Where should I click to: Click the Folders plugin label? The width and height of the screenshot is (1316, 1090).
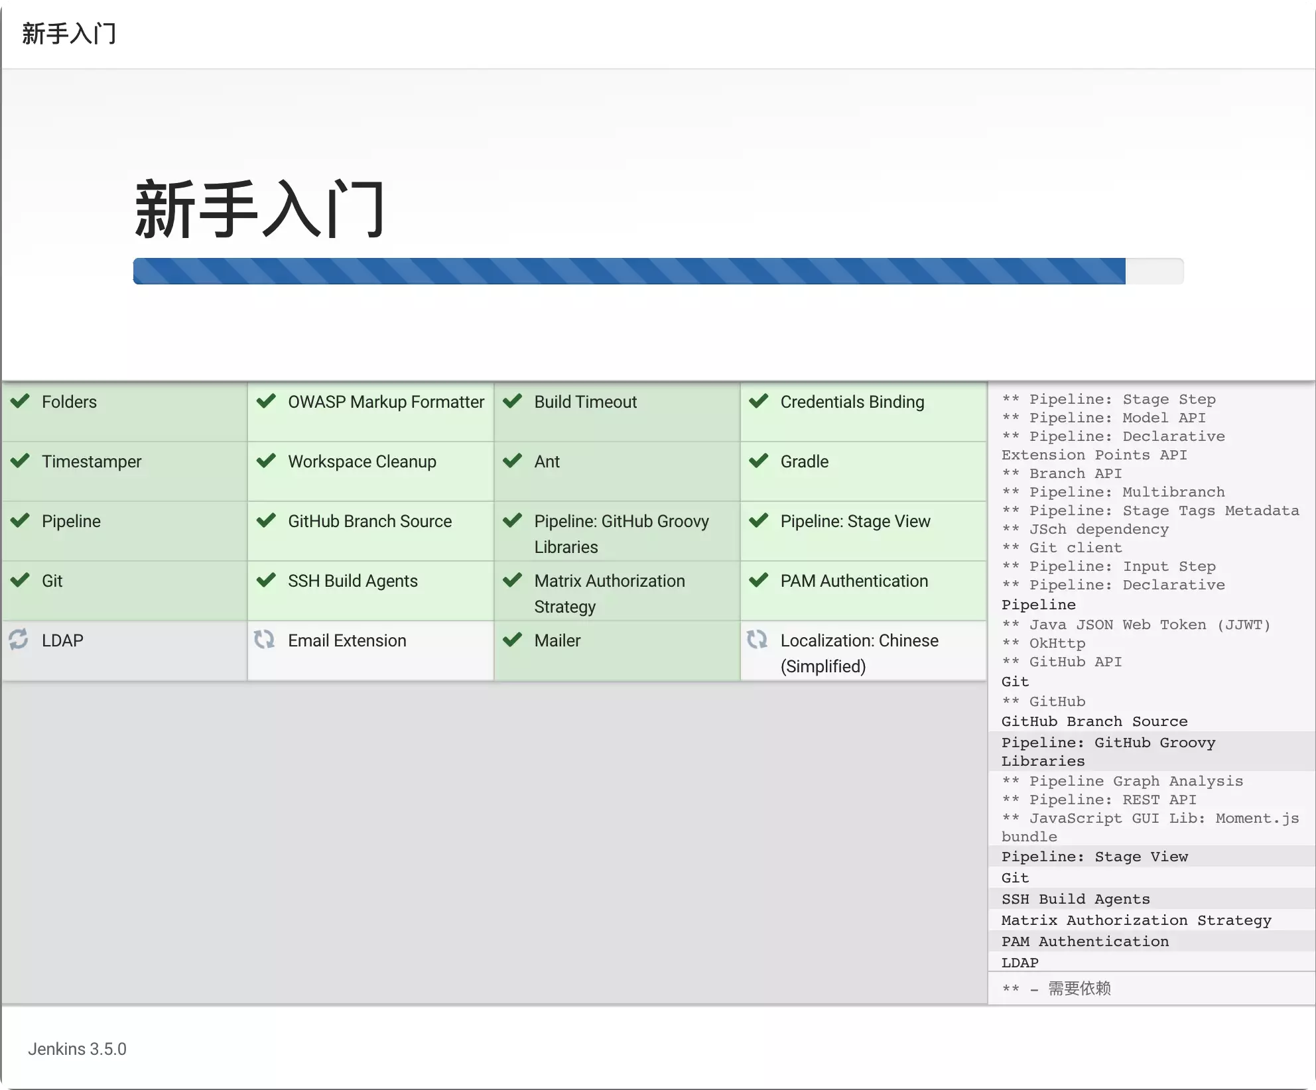[x=69, y=402]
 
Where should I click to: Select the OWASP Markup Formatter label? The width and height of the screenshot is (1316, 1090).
[x=386, y=402]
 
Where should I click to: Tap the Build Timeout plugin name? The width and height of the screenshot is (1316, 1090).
[x=585, y=402]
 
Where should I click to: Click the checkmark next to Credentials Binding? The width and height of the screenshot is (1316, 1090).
[x=758, y=401]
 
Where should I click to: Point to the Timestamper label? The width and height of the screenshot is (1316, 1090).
[x=92, y=461]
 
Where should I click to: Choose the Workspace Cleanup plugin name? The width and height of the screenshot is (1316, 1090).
[x=362, y=461]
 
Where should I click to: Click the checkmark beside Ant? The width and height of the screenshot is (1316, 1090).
[x=512, y=461]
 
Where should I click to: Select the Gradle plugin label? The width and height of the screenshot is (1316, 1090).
[x=804, y=461]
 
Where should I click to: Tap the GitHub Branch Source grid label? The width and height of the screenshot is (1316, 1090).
[x=369, y=521]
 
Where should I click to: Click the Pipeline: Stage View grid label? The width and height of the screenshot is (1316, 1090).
[x=855, y=521]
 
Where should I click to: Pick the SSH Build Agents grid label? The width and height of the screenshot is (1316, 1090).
[x=352, y=581]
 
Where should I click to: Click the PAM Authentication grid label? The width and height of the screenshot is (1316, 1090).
[x=854, y=581]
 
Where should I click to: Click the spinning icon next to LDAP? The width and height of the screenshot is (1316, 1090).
[x=19, y=639]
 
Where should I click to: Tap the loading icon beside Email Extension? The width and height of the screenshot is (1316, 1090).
[x=265, y=639]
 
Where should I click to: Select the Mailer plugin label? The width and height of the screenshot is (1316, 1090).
[x=557, y=640]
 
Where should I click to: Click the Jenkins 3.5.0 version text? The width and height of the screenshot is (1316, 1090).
[x=77, y=1049]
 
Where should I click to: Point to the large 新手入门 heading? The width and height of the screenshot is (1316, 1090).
[x=260, y=209]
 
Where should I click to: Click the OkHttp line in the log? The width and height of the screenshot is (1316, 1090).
[x=1043, y=643]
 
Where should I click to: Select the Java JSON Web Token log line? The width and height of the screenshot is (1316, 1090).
[x=1136, y=625]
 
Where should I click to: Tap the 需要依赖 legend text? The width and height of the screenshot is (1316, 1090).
[x=1079, y=989]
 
